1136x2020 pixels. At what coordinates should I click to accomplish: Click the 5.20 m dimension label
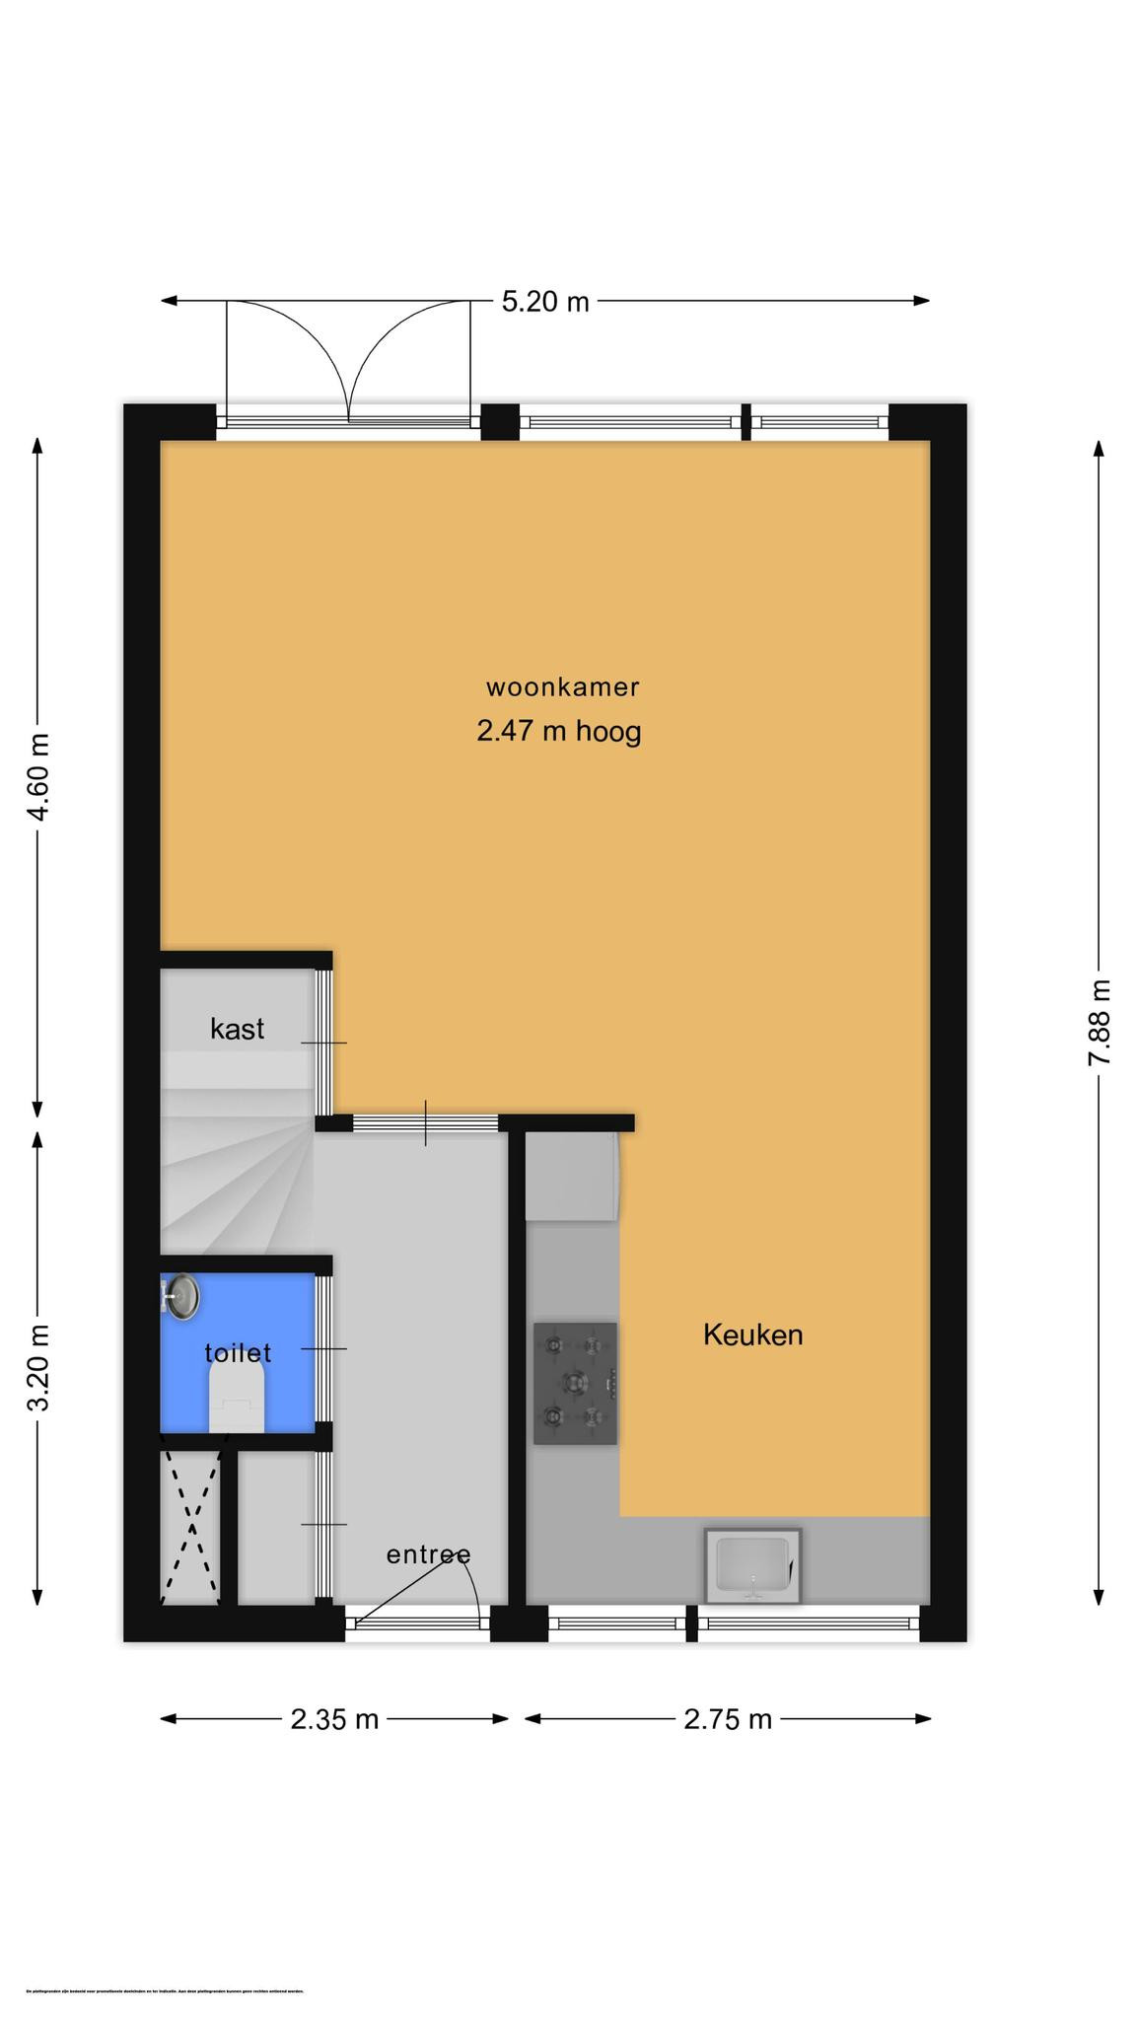(544, 301)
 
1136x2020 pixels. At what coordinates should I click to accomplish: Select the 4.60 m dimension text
(37, 776)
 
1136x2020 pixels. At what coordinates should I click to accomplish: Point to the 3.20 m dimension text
(37, 1368)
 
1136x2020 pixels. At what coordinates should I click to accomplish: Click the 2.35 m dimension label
(334, 1719)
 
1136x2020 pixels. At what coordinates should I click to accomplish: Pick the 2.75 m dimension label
(728, 1719)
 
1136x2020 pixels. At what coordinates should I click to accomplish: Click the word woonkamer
(562, 686)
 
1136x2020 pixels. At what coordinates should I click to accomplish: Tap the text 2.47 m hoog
(558, 731)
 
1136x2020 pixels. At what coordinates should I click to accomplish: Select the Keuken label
(752, 1335)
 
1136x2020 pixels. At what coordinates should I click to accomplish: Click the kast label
(237, 1029)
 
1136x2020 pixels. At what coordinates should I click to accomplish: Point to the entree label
(427, 1554)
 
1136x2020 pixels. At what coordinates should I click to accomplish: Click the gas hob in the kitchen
(575, 1383)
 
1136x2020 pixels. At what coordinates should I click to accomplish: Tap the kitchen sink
(752, 1565)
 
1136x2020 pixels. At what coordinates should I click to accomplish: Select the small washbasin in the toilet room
(181, 1296)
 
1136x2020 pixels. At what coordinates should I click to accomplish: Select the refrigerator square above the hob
(572, 1176)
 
